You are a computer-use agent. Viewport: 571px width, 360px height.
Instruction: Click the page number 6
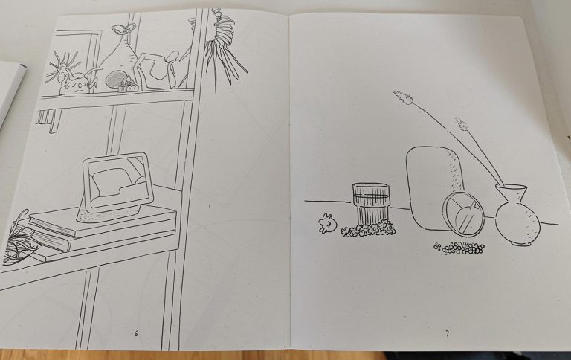click(x=136, y=333)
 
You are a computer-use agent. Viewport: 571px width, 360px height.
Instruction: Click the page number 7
click(x=447, y=333)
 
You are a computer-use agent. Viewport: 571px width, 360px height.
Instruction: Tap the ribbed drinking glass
click(x=371, y=204)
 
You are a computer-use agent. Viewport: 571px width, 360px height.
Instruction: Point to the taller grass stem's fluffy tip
click(x=403, y=98)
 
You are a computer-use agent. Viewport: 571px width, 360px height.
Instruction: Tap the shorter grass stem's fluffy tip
click(x=462, y=123)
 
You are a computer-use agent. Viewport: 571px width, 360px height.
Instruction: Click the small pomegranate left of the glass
click(x=326, y=223)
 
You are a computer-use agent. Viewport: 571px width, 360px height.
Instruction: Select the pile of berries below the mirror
click(x=459, y=248)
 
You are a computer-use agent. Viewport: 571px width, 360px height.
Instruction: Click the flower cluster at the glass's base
click(x=368, y=229)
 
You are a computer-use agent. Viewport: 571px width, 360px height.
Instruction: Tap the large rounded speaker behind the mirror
click(x=433, y=187)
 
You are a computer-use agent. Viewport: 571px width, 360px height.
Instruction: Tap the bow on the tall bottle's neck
click(x=124, y=28)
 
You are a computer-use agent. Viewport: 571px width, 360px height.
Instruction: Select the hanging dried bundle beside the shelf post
click(x=223, y=49)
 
